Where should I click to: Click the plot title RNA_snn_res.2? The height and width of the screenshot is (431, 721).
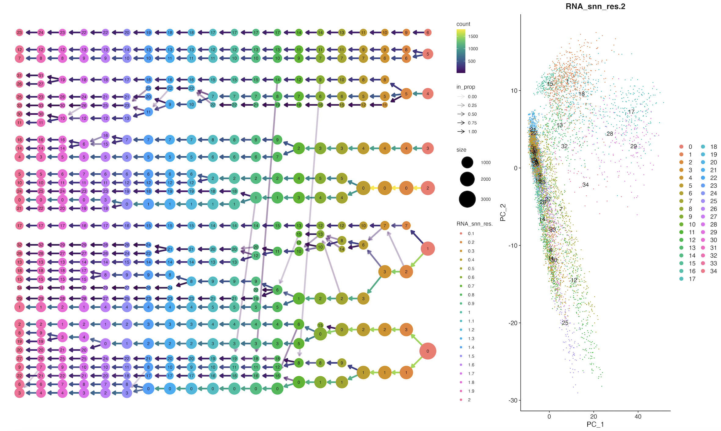pos(595,6)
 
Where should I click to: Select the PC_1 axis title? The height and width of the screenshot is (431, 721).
pos(595,424)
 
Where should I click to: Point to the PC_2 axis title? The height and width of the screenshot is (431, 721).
pos(503,212)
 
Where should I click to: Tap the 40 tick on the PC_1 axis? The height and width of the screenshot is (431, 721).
pos(638,416)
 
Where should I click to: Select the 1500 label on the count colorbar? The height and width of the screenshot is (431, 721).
pos(473,36)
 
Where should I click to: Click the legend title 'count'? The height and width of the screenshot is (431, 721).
pos(463,24)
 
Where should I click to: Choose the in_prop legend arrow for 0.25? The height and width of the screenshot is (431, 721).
pos(461,105)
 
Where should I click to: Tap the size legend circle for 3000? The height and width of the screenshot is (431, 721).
pos(467,199)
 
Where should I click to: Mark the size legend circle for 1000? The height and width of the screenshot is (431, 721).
pos(467,162)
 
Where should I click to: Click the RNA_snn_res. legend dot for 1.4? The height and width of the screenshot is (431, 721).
pos(461,347)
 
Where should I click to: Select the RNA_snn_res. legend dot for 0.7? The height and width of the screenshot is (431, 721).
pos(461,286)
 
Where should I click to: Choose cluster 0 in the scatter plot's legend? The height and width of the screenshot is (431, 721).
pos(682,147)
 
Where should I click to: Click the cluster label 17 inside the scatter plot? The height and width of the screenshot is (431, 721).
pos(631,112)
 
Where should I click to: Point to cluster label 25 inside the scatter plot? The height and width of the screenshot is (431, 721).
pos(565,323)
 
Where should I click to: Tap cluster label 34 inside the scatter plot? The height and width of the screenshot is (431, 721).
pos(585,185)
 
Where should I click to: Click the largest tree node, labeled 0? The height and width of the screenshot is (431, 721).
pos(428,351)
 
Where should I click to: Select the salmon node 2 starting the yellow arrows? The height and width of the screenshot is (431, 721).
pos(428,188)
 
